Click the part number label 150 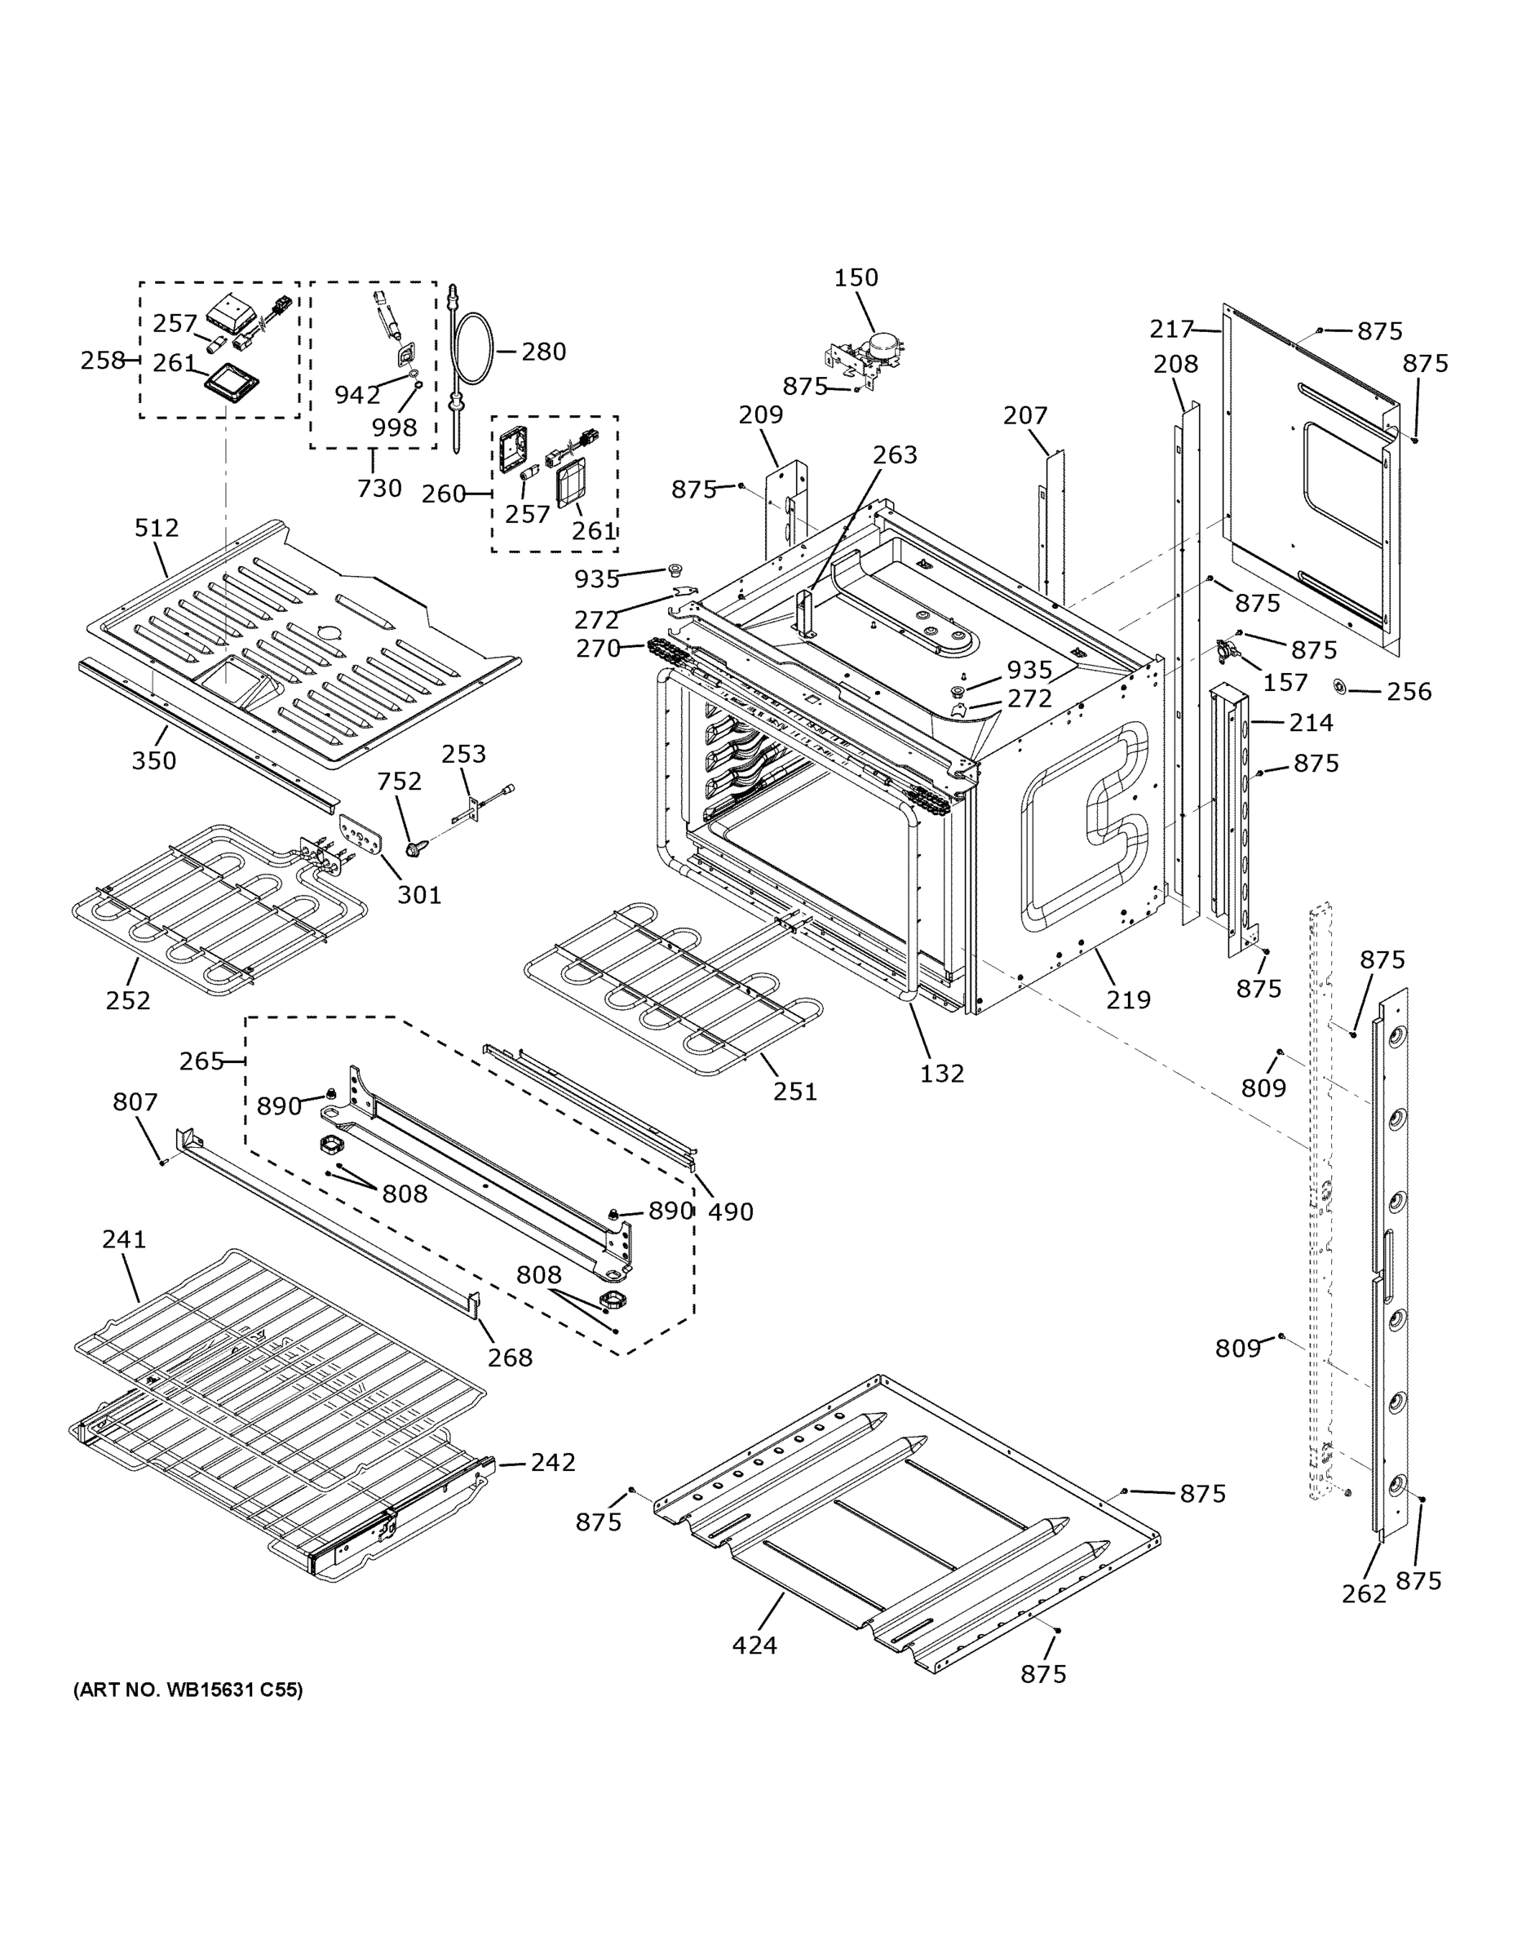pyautogui.click(x=856, y=278)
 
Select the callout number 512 pyautogui.click(x=157, y=528)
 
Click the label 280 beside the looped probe pyautogui.click(x=543, y=352)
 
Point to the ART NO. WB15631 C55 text pyautogui.click(x=188, y=1690)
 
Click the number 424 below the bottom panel pyautogui.click(x=754, y=1645)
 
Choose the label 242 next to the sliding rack pyautogui.click(x=552, y=1462)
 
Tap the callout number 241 pyautogui.click(x=124, y=1239)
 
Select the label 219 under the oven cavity pyautogui.click(x=1127, y=999)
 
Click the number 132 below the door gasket pyautogui.click(x=941, y=1073)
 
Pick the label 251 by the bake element pyautogui.click(x=795, y=1091)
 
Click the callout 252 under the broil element pyautogui.click(x=128, y=1000)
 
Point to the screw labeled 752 pyautogui.click(x=414, y=846)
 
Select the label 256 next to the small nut pyautogui.click(x=1409, y=691)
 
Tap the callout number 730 pyautogui.click(x=379, y=489)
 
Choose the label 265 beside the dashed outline pyautogui.click(x=201, y=1061)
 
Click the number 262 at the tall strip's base pyautogui.click(x=1363, y=1593)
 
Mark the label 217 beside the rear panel pyautogui.click(x=1171, y=330)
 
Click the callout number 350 pyautogui.click(x=154, y=761)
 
